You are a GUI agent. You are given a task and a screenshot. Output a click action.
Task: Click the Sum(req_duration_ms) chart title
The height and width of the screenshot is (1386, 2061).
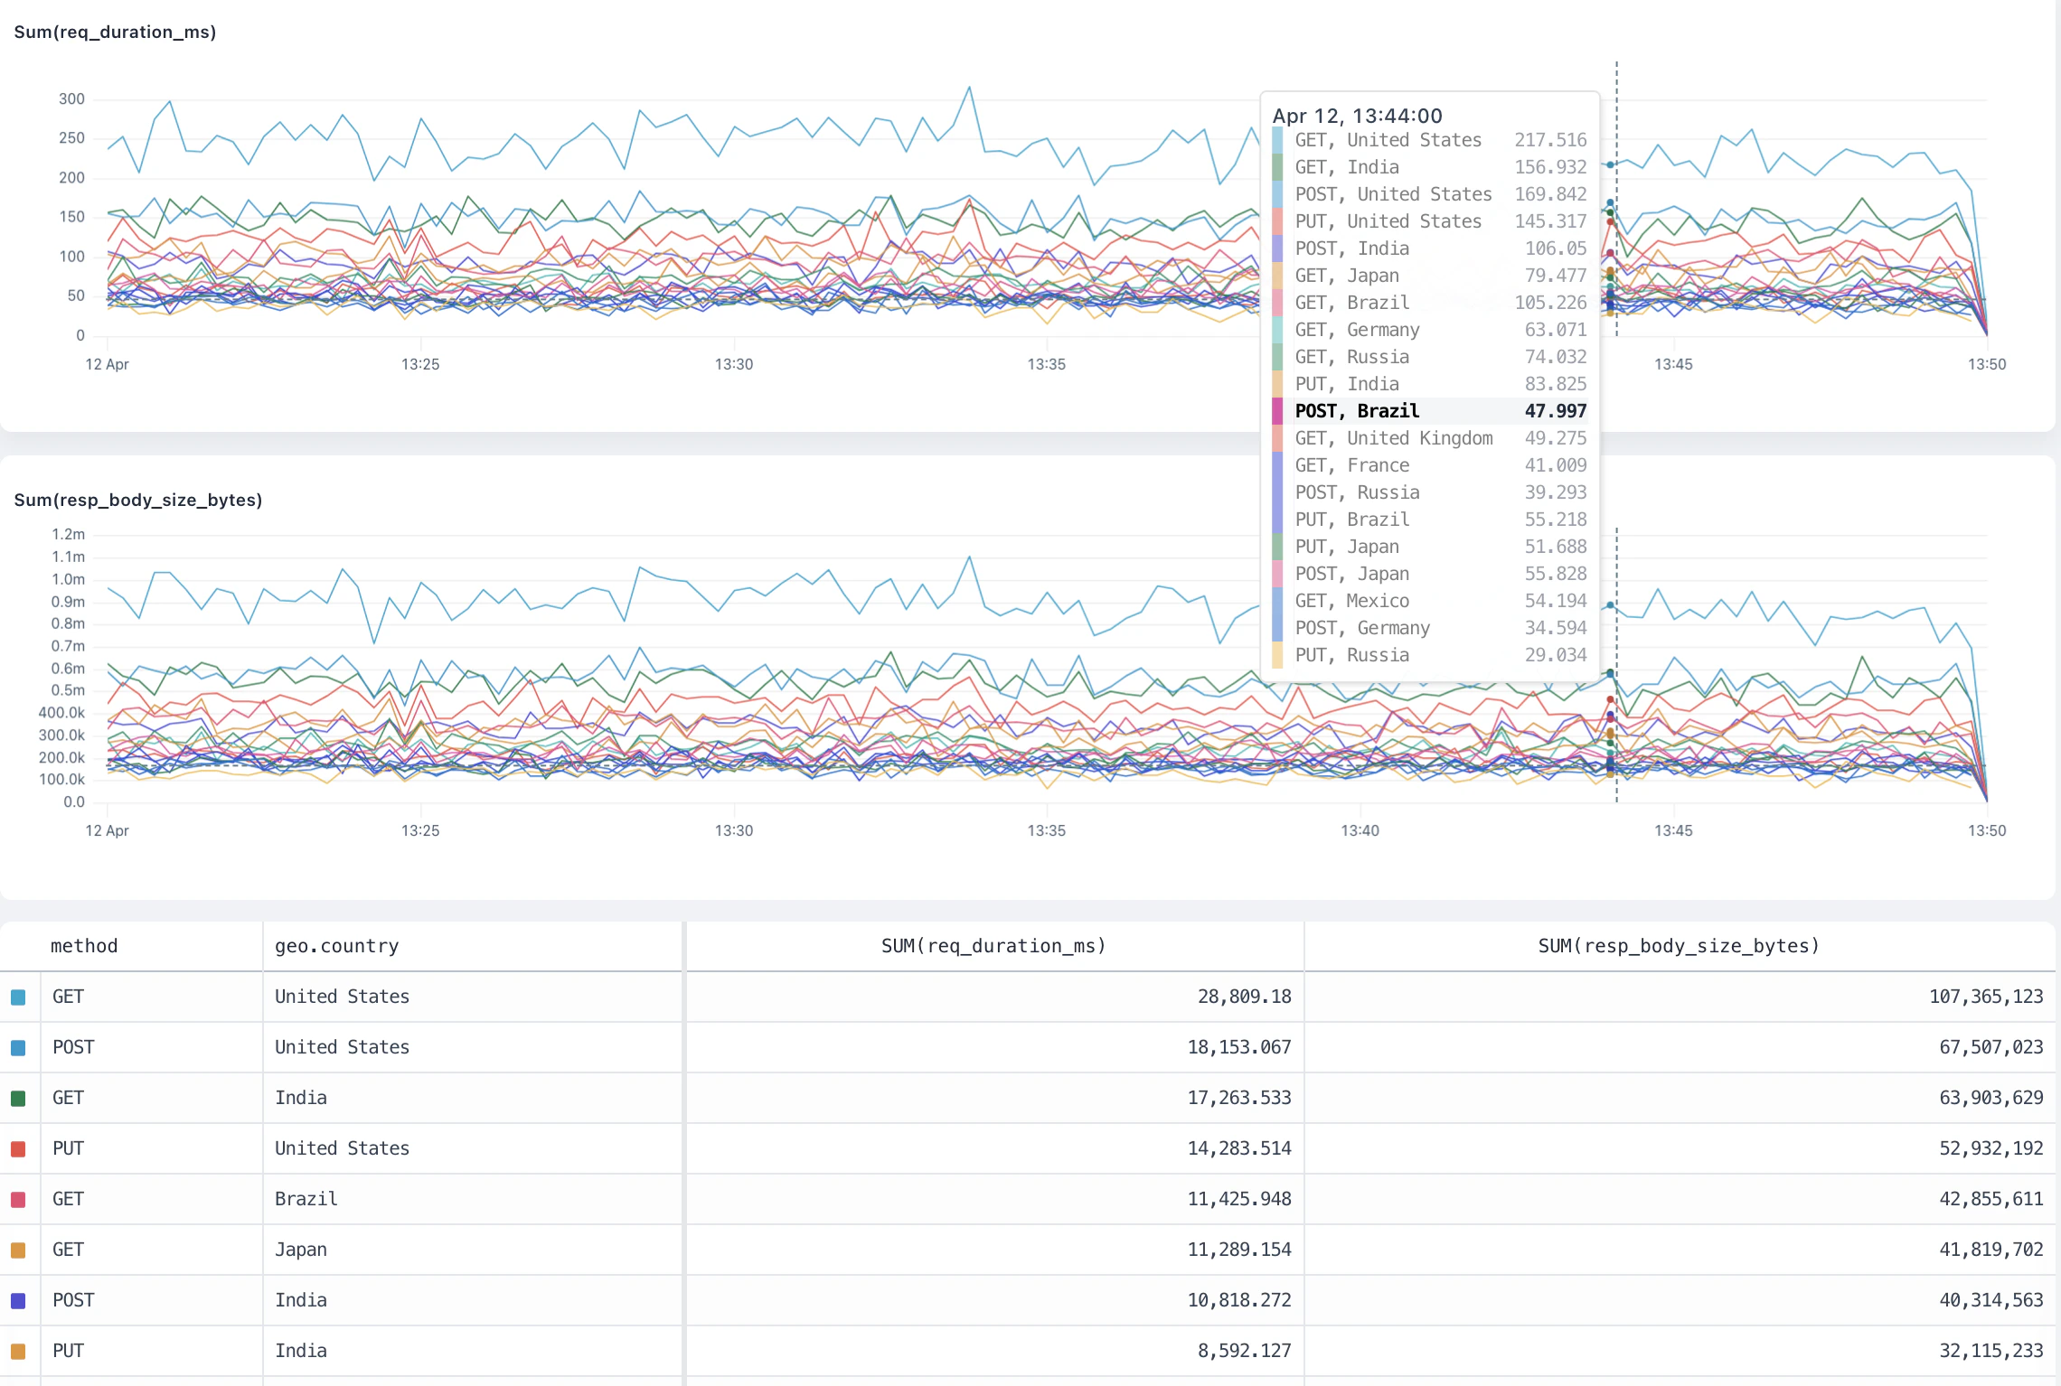(115, 33)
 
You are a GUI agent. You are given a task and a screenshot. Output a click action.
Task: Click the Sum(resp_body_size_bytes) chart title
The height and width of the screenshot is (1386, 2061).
(137, 500)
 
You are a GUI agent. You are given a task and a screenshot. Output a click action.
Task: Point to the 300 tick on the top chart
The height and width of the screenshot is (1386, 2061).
(71, 99)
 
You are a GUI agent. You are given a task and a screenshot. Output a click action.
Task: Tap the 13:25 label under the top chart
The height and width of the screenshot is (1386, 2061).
(420, 364)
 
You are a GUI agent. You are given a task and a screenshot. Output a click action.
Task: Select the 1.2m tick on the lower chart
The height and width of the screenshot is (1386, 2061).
(68, 535)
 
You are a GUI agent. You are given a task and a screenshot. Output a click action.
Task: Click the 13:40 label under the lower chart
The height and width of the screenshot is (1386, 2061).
(1360, 830)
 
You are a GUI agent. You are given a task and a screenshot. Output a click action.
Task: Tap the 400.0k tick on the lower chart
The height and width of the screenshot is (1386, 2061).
(61, 713)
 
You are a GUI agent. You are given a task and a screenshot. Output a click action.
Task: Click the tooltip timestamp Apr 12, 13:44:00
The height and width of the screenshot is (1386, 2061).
(1357, 116)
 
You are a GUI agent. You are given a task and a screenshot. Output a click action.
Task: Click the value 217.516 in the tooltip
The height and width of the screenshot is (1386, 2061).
(1549, 140)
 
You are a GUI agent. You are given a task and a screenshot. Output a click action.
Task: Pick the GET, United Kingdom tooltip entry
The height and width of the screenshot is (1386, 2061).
(1393, 438)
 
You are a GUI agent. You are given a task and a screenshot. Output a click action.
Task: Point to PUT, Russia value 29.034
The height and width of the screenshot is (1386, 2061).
(1555, 655)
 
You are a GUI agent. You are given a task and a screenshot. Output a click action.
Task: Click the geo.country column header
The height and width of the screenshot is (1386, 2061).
(336, 946)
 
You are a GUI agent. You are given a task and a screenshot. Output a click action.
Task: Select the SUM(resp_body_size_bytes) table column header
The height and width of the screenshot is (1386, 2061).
(1678, 946)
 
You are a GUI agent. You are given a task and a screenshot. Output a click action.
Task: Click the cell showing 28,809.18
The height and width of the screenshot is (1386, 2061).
(1244, 997)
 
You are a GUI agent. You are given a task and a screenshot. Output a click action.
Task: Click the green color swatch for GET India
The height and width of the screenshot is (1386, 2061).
(18, 1099)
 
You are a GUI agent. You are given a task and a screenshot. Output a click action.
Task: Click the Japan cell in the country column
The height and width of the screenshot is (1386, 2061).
(300, 1250)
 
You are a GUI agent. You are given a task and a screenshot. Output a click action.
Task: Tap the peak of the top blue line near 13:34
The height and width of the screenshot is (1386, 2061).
(970, 88)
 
